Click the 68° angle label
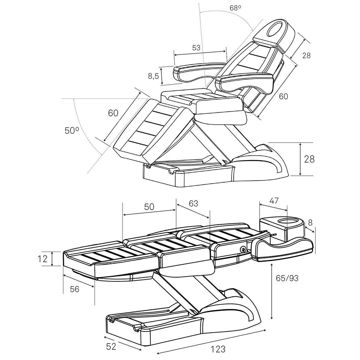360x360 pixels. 235,8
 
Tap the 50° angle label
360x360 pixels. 72,130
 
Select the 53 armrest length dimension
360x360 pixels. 196,48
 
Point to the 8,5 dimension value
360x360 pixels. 153,76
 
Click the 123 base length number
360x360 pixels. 218,349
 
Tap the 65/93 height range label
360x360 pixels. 287,283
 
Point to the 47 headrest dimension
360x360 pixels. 274,201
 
